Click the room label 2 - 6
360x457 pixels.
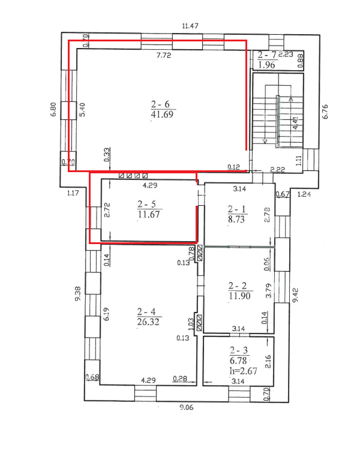click(x=160, y=104)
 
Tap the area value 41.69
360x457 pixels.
click(x=162, y=114)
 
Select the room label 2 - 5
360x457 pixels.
click(x=146, y=204)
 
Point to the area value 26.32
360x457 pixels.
click(x=148, y=322)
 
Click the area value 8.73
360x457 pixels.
click(x=236, y=219)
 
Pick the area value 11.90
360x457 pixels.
click(x=239, y=296)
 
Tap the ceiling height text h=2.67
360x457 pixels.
click(x=244, y=371)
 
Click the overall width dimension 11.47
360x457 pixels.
click(x=190, y=26)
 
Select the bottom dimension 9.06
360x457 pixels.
click(x=186, y=407)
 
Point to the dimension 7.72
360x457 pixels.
click(x=164, y=55)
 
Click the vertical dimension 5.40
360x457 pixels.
click(x=82, y=110)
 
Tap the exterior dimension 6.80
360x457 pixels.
click(x=53, y=110)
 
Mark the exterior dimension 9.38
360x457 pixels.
click(x=78, y=294)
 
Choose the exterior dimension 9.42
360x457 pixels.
click(x=295, y=295)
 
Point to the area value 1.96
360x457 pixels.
click(x=266, y=65)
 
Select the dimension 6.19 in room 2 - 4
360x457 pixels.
click(x=107, y=314)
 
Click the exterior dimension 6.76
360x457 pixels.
click(x=325, y=112)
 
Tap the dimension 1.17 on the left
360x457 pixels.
click(x=73, y=193)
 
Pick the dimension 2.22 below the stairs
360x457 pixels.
click(x=277, y=169)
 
